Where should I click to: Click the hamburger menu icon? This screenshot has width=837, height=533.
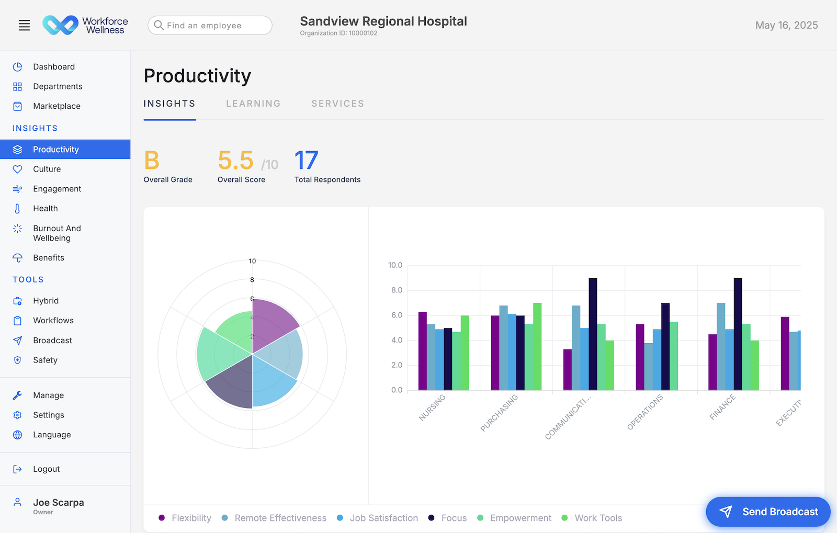tap(24, 25)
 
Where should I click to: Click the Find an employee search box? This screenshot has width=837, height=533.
tap(210, 25)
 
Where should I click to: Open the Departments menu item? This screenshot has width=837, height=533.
tap(58, 86)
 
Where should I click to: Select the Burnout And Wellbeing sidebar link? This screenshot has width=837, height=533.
tap(56, 233)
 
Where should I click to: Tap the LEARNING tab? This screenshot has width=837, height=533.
tap(253, 104)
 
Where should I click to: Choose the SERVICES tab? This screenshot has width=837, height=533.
tap(337, 104)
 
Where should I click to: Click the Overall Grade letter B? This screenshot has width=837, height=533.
tap(152, 161)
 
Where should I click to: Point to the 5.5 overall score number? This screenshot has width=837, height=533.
tap(235, 161)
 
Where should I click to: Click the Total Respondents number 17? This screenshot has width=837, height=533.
tap(306, 161)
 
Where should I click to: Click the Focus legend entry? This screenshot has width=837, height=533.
tap(454, 518)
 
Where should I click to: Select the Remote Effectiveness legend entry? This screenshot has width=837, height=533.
tap(280, 518)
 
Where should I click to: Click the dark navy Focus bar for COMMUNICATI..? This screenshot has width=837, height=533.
tap(593, 335)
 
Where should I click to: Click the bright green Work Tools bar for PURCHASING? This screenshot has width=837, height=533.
tap(537, 347)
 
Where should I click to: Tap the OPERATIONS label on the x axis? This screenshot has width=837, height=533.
tap(644, 412)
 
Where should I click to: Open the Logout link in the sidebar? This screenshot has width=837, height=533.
tap(46, 469)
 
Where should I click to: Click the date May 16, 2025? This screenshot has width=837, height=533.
tap(786, 25)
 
